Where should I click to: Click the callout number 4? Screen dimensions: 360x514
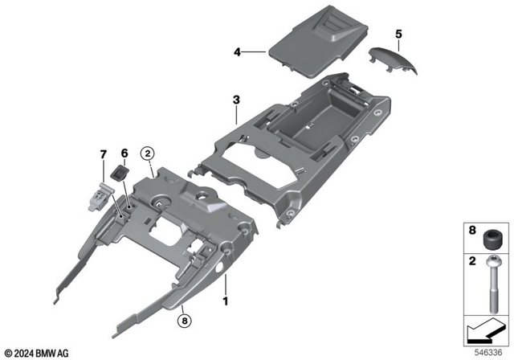(x=238, y=52)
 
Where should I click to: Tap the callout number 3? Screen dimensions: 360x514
(x=236, y=100)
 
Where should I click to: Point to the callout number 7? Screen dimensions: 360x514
(x=102, y=153)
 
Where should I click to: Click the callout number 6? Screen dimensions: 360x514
(x=124, y=153)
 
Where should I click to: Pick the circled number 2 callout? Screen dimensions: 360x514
(x=148, y=153)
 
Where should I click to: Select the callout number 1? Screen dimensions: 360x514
(x=226, y=301)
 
